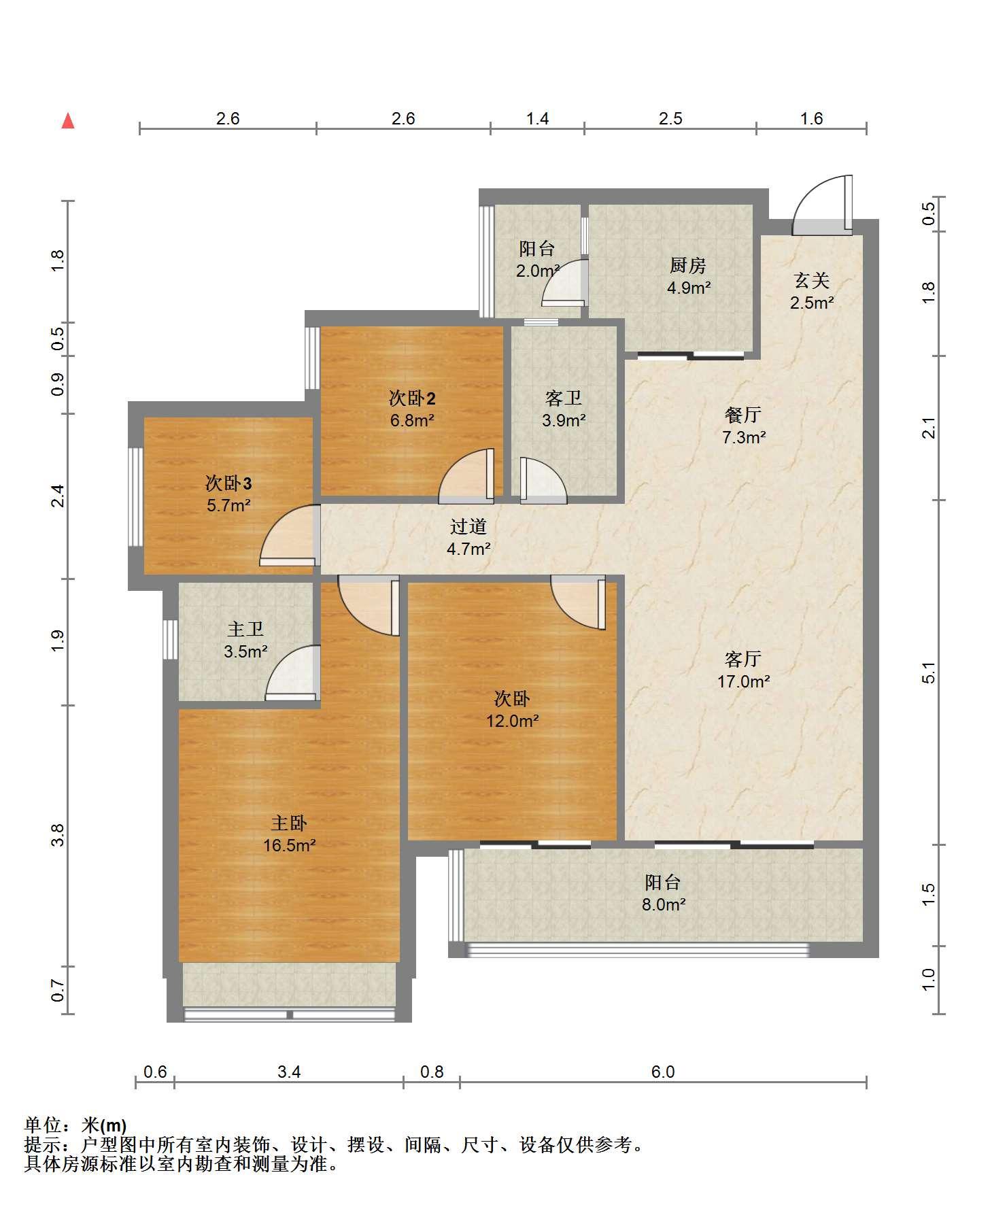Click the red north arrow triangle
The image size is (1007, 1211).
click(68, 121)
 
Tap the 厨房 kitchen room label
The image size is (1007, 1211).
click(688, 265)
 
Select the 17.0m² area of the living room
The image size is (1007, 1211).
click(744, 681)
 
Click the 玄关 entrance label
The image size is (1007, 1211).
click(812, 280)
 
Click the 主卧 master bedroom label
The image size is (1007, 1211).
click(289, 823)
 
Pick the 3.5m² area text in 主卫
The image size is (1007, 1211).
click(245, 651)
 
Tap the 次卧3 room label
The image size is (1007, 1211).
click(229, 483)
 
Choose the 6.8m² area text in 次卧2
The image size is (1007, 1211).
click(412, 420)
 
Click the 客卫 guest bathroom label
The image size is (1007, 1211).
click(564, 398)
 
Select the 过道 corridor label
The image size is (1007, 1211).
click(468, 526)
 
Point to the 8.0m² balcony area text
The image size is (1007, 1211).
click(663, 904)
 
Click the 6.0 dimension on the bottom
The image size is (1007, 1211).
click(663, 1072)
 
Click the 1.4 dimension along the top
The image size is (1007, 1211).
click(537, 118)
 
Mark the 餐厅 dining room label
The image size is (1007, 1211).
click(743, 415)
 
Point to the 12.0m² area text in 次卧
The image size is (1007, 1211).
click(513, 721)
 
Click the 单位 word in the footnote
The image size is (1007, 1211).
click(42, 1125)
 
